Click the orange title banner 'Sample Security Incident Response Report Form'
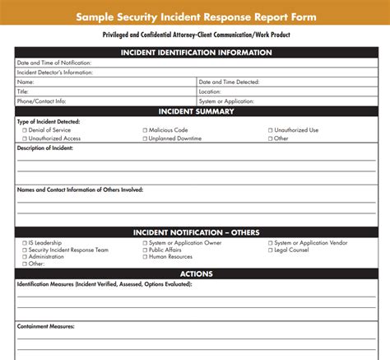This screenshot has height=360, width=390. pyautogui.click(x=195, y=16)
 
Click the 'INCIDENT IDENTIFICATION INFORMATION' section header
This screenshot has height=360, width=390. pyautogui.click(x=196, y=53)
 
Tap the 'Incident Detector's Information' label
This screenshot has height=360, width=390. pyautogui.click(x=55, y=72)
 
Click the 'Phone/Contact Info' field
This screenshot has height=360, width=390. pyautogui.click(x=123, y=101)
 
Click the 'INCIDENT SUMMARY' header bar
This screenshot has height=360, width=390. pyautogui.click(x=196, y=111)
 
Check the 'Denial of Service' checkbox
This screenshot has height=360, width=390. pyautogui.click(x=25, y=130)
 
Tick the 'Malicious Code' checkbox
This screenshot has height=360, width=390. pyautogui.click(x=145, y=130)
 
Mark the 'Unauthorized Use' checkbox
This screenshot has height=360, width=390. pyautogui.click(x=271, y=130)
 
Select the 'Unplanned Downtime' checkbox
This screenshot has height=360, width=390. pyautogui.click(x=145, y=138)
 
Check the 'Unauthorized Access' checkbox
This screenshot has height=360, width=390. pyautogui.click(x=25, y=138)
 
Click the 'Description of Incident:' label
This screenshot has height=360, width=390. pyautogui.click(x=48, y=147)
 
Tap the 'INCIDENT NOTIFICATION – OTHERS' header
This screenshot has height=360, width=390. pyautogui.click(x=196, y=233)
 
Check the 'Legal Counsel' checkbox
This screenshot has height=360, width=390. pyautogui.click(x=271, y=250)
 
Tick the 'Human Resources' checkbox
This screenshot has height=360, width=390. pyautogui.click(x=145, y=256)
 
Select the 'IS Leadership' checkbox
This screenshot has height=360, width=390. pyautogui.click(x=25, y=243)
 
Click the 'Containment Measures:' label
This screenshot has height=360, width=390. pyautogui.click(x=46, y=326)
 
